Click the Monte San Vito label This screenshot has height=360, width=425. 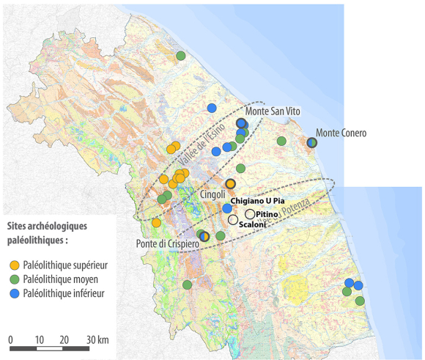(274, 111)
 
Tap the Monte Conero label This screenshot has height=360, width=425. (341, 133)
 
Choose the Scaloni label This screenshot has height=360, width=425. (252, 223)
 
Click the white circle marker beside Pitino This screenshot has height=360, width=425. (250, 213)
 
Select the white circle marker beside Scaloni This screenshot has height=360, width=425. (233, 219)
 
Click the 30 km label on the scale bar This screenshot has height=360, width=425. (97, 340)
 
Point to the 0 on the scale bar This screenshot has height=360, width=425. (11, 340)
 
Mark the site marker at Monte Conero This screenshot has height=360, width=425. (311, 142)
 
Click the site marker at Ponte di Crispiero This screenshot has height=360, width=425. (205, 236)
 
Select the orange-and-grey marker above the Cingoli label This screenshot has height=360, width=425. (230, 184)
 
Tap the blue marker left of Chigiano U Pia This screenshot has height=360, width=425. (227, 208)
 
